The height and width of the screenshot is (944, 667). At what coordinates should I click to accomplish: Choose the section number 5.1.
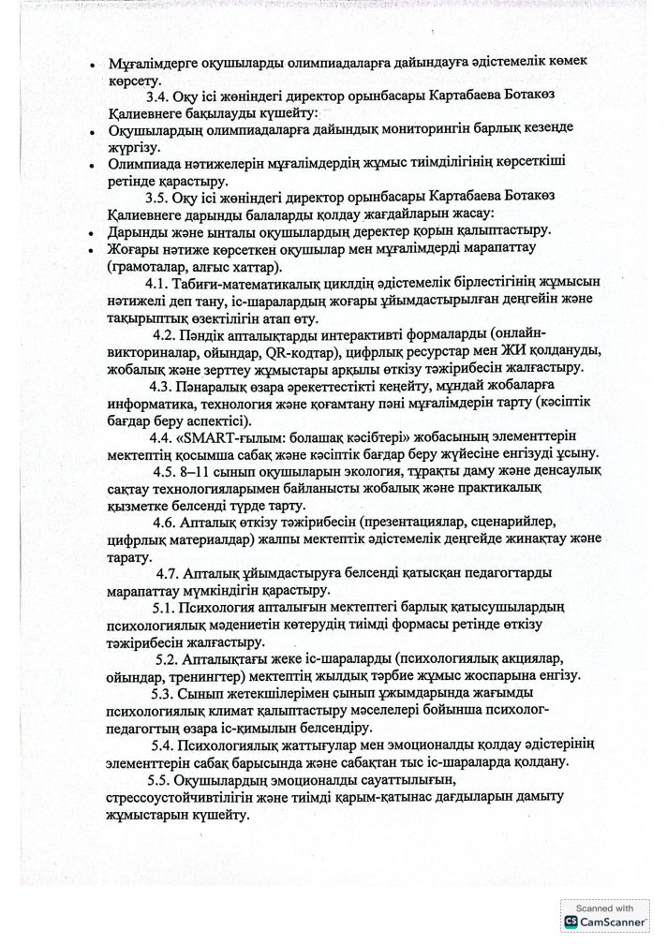165,608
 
